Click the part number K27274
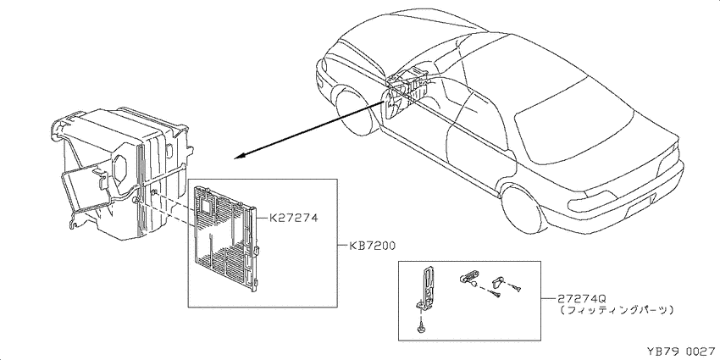coord(292,219)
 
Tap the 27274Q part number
coord(580,298)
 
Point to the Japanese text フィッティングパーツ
coord(618,311)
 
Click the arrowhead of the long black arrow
coord(241,157)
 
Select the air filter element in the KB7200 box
coord(225,238)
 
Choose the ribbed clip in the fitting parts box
coord(467,277)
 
